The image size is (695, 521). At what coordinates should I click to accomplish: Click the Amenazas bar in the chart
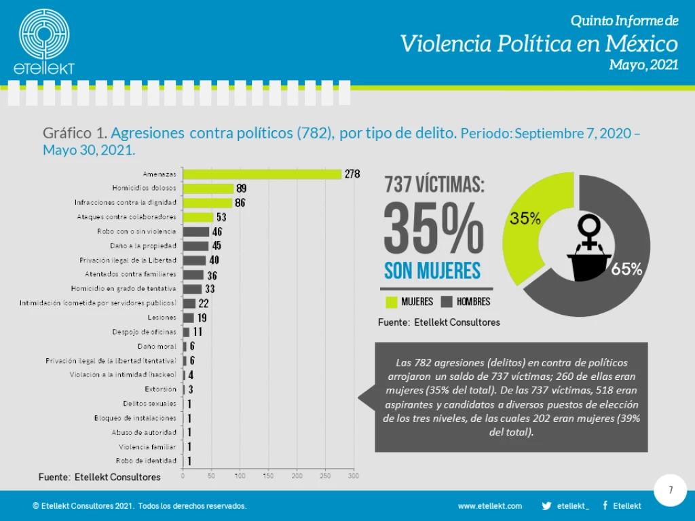[262, 174]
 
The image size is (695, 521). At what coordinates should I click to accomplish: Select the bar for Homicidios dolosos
[208, 189]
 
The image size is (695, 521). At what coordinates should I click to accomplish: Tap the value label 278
[352, 174]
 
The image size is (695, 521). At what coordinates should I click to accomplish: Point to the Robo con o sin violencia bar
[196, 231]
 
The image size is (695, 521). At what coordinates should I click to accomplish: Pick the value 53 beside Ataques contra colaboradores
[221, 217]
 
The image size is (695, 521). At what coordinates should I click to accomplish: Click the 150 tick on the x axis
[268, 477]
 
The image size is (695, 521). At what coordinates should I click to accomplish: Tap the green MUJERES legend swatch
[391, 301]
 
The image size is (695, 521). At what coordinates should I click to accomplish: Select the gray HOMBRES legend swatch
[447, 301]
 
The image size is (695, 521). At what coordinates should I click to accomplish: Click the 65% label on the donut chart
[626, 269]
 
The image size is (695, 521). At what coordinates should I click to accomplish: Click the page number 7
[671, 490]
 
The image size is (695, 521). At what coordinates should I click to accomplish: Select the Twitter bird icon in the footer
[546, 506]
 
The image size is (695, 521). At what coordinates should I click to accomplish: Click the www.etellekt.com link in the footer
[490, 506]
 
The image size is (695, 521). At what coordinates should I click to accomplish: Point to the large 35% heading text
[434, 227]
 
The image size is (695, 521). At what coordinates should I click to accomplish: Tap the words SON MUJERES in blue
[432, 271]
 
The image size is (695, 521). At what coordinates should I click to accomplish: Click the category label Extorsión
[160, 389]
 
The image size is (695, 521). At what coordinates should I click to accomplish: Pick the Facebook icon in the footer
[605, 506]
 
